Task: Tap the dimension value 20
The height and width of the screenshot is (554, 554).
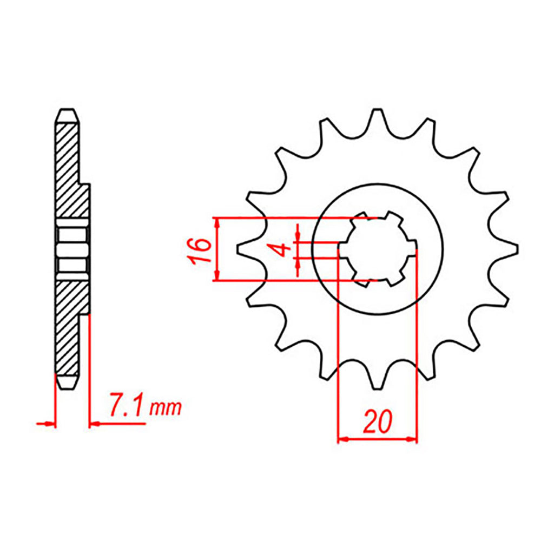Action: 377,421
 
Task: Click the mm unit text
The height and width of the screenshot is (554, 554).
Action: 166,408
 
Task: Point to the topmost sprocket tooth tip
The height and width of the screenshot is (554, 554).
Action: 377,110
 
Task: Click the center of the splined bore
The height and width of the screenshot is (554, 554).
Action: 378,249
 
